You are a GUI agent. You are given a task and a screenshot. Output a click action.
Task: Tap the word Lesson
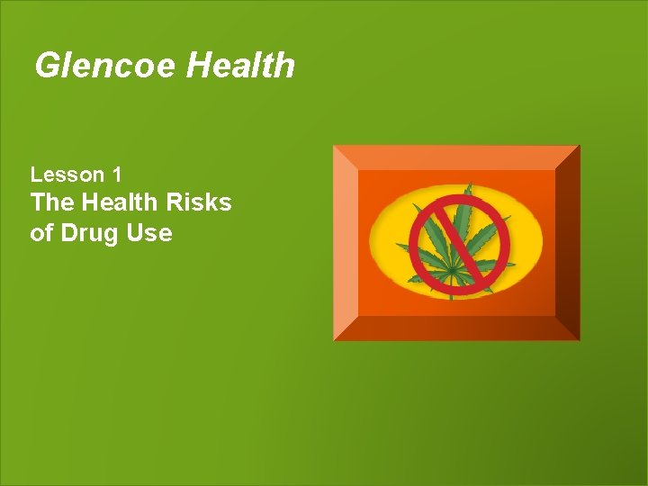tap(64, 174)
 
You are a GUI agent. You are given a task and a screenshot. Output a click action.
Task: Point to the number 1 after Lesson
tap(117, 174)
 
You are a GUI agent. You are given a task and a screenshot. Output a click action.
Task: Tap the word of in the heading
tap(41, 233)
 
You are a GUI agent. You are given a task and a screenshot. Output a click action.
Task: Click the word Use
tap(151, 233)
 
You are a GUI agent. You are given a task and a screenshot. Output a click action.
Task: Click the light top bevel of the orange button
tap(456, 157)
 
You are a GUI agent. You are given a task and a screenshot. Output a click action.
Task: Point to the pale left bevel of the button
tap(346, 243)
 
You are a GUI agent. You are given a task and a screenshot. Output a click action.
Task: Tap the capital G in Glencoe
tap(46, 66)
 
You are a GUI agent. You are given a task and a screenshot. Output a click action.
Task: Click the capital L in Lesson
tap(36, 174)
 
